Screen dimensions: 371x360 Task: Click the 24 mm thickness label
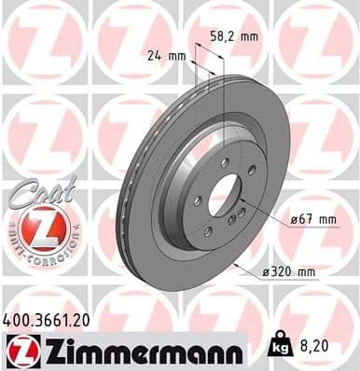(159, 55)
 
